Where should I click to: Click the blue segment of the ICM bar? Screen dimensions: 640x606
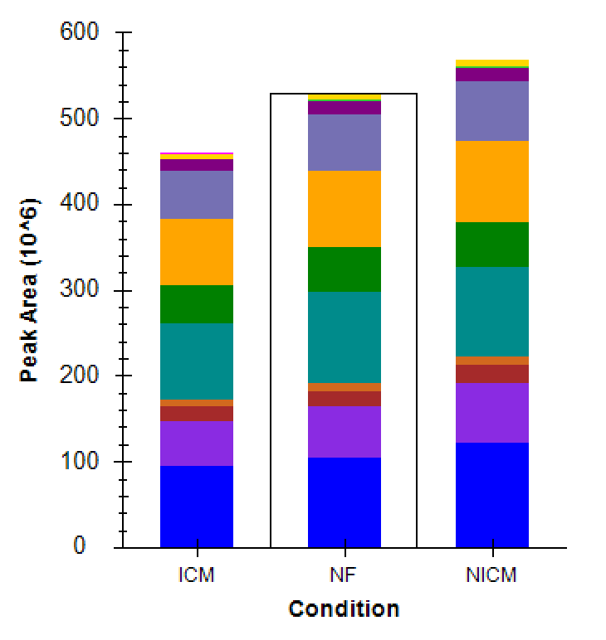(197, 506)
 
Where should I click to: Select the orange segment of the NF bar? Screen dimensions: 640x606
(345, 209)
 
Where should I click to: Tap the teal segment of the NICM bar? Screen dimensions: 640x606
(492, 311)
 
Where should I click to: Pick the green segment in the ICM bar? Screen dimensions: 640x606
(197, 304)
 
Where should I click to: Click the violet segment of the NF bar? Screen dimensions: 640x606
(345, 431)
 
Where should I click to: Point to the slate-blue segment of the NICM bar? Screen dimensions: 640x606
(492, 110)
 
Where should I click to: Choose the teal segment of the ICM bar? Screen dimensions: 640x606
(197, 361)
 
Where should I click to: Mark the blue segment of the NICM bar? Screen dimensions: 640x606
(492, 495)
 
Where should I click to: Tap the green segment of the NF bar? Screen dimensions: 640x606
(345, 269)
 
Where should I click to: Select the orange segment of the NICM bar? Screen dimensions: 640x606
(492, 182)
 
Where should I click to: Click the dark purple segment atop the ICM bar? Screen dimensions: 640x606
(197, 165)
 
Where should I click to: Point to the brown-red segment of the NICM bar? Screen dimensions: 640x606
(492, 374)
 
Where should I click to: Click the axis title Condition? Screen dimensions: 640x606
(344, 609)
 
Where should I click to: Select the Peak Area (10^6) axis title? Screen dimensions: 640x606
(30, 289)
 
